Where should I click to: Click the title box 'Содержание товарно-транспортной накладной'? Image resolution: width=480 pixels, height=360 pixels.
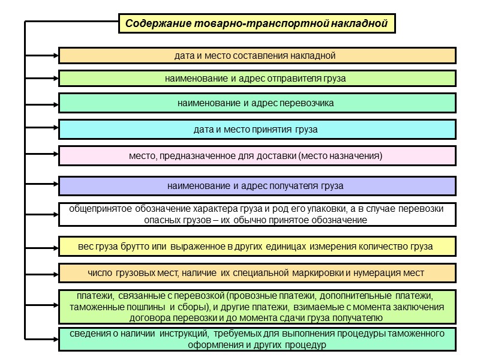tap(256, 24)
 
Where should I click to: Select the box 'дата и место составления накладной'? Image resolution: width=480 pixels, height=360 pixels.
tap(257, 56)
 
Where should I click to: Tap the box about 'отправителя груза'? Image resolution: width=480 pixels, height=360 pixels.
tap(257, 79)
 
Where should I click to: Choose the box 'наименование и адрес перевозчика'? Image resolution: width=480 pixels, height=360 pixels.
tap(257, 103)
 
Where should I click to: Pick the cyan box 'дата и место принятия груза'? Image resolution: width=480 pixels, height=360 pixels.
tap(257, 130)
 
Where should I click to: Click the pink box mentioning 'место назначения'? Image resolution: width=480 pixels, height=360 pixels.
tap(257, 156)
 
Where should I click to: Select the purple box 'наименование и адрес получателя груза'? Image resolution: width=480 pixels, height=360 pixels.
tap(257, 185)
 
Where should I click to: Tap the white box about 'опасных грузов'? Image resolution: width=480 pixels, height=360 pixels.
tap(257, 215)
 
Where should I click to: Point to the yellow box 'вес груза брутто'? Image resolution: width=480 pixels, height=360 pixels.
tap(257, 247)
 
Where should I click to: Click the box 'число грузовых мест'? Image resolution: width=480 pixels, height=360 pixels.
tap(257, 273)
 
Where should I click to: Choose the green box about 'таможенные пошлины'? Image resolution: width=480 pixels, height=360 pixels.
tap(257, 307)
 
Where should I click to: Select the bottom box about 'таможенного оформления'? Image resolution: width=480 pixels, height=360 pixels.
tap(257, 339)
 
